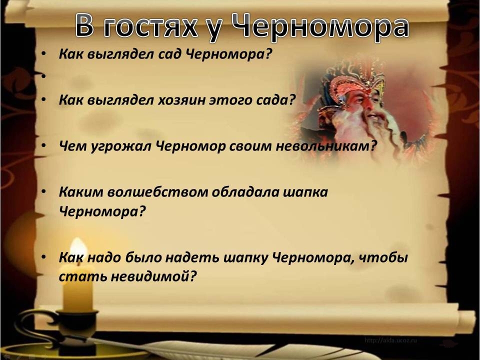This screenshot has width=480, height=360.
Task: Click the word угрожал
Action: click(121, 146)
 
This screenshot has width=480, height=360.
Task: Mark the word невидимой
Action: click(153, 276)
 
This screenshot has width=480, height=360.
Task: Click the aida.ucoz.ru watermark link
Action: click(390, 340)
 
